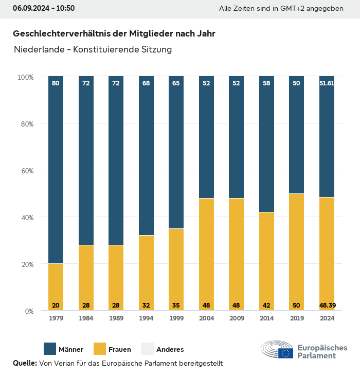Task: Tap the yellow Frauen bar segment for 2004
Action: [x=206, y=252]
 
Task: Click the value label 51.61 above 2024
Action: [x=327, y=83]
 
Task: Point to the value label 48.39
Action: [x=327, y=306]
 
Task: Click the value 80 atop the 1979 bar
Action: [x=56, y=83]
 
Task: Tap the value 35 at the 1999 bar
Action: [x=176, y=306]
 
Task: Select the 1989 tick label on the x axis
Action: [x=116, y=318]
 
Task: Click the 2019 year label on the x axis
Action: [x=297, y=318]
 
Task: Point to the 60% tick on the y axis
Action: [x=26, y=171]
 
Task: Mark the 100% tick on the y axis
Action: [x=25, y=77]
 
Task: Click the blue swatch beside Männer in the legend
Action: [x=50, y=349]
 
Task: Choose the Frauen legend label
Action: [x=120, y=350]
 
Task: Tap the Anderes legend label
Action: [x=170, y=350]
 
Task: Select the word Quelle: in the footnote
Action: [x=25, y=363]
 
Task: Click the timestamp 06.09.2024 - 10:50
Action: [x=44, y=8]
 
